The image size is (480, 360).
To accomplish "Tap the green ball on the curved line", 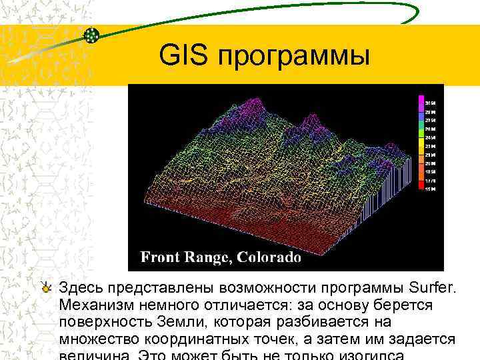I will (93, 35).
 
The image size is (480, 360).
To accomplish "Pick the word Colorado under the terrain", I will (269, 257).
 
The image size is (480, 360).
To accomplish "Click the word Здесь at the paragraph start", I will (81, 288).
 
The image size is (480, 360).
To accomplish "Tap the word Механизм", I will (94, 305).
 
